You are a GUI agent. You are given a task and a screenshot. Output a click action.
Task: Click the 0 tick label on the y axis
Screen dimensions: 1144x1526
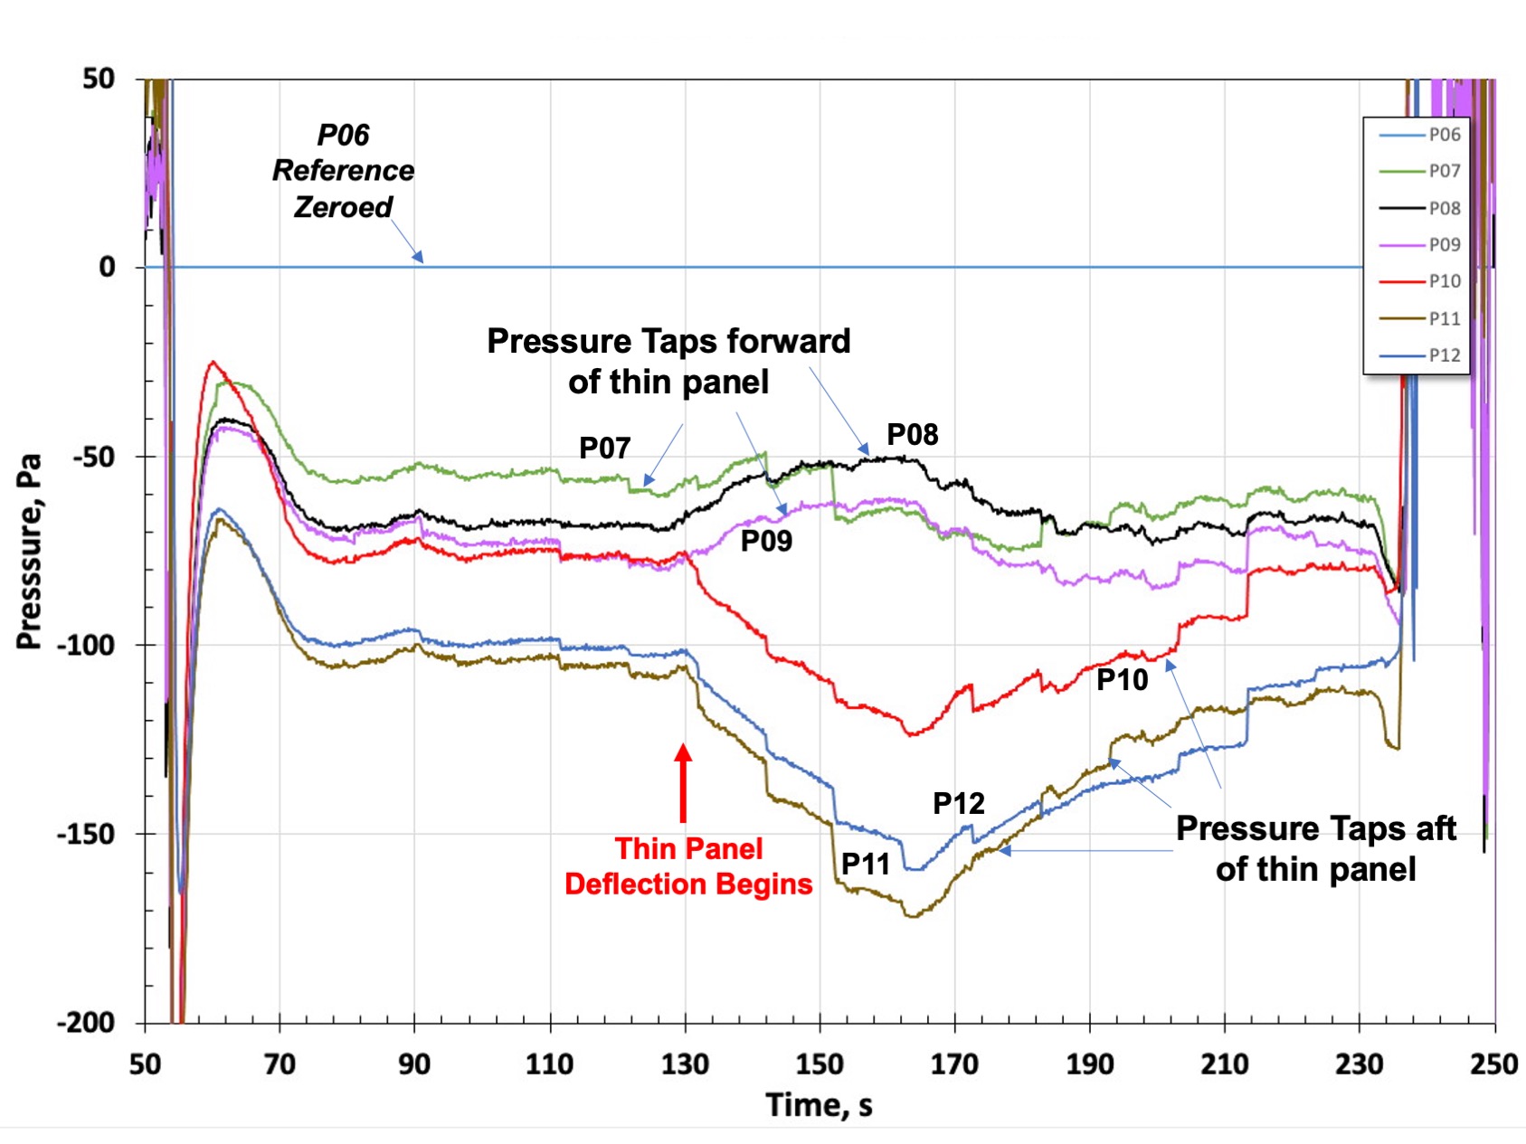click(108, 268)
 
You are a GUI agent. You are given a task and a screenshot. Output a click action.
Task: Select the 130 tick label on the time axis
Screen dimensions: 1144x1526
click(685, 1064)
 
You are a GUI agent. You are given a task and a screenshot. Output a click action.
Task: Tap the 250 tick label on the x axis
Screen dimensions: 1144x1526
click(1494, 1064)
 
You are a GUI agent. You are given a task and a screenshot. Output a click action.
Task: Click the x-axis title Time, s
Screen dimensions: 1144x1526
click(819, 1105)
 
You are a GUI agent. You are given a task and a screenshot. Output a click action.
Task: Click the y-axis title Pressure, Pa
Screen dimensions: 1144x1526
click(29, 551)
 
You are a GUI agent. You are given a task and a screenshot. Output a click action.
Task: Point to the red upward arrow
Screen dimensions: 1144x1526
click(684, 782)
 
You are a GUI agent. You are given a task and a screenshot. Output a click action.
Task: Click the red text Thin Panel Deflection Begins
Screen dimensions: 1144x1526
click(688, 865)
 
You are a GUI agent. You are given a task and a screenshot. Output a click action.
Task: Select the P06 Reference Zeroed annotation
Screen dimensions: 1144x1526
click(343, 171)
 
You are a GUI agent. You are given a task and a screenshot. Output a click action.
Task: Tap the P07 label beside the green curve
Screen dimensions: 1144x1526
click(604, 448)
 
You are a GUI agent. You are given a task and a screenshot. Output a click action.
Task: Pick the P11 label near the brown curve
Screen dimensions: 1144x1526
click(866, 864)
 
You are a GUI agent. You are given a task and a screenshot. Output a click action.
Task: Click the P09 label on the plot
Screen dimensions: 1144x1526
click(766, 541)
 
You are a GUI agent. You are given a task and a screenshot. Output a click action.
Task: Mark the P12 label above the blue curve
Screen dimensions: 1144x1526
click(958, 803)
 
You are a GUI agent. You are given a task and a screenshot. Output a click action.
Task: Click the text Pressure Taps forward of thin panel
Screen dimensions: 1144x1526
click(668, 361)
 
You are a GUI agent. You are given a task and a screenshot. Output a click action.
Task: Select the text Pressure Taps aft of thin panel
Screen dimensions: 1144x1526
click(1315, 848)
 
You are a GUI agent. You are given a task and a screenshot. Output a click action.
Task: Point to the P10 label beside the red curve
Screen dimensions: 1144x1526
click(1122, 679)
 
